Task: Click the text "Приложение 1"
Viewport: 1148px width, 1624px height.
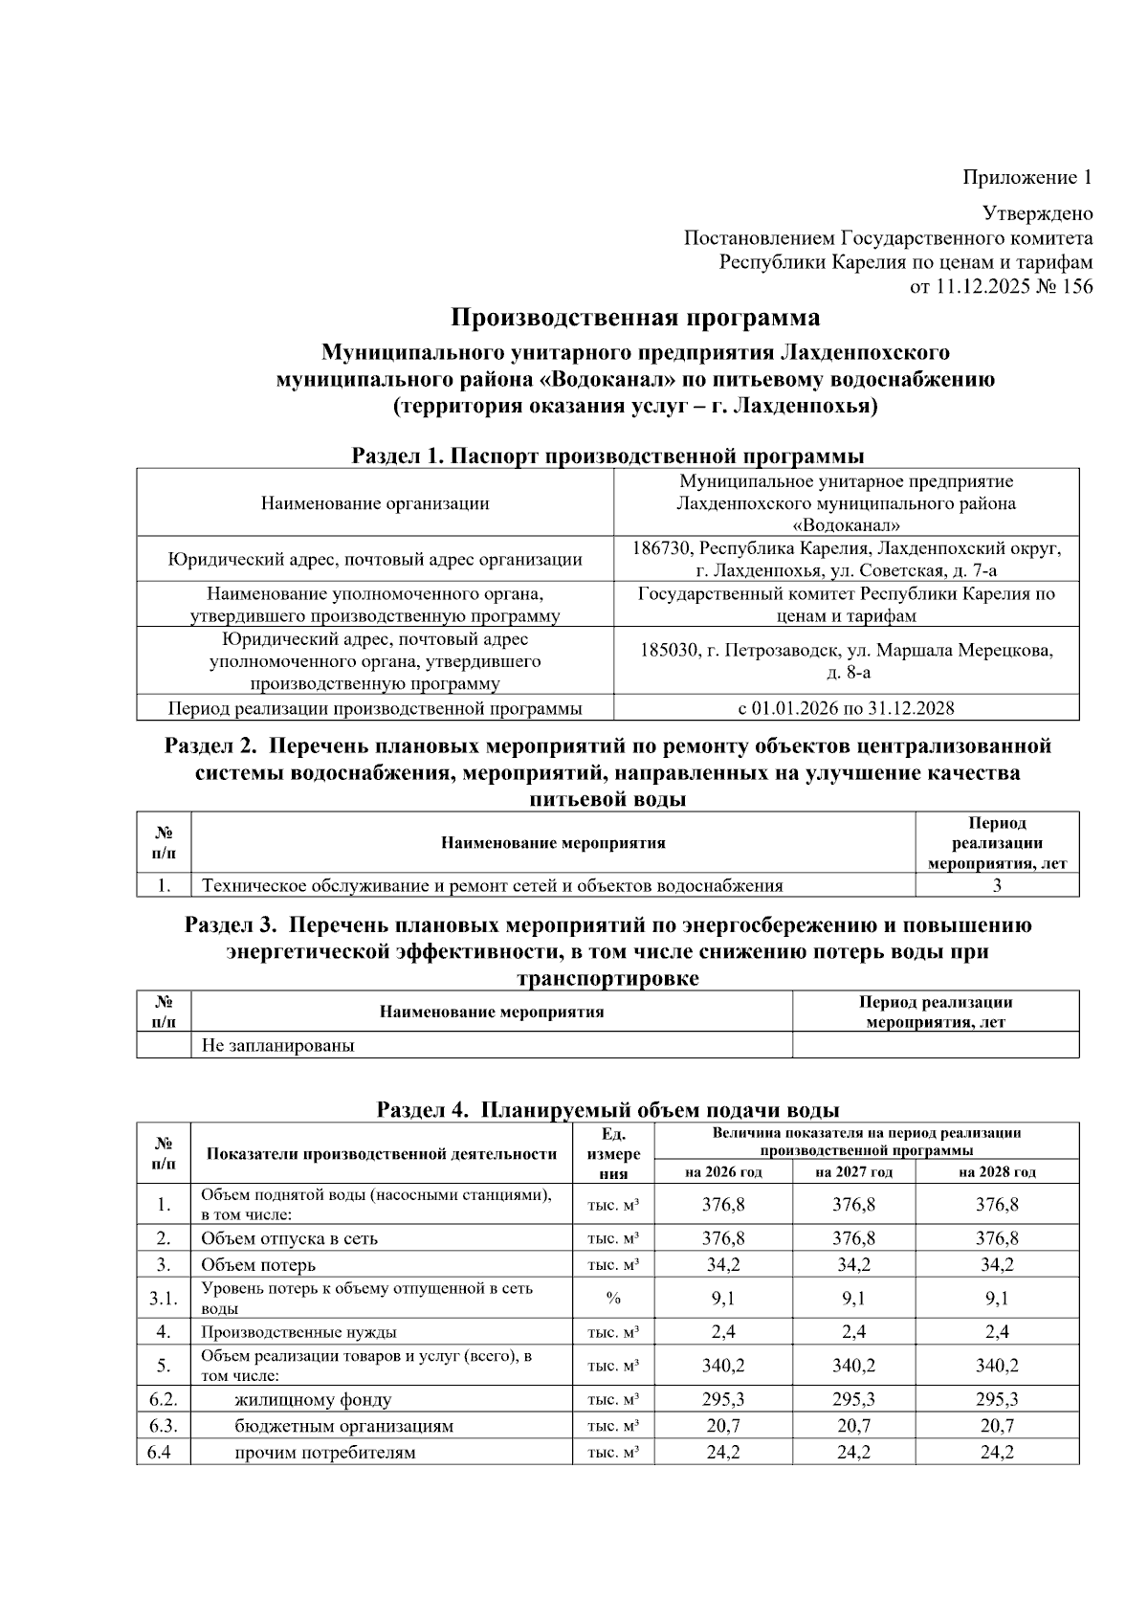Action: coord(1027,178)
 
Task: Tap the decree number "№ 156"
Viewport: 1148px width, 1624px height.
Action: coord(1064,287)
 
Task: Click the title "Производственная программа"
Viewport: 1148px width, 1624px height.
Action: coord(635,318)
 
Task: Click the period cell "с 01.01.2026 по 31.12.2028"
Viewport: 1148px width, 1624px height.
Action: coord(846,708)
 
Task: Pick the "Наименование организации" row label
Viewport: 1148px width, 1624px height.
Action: coord(374,503)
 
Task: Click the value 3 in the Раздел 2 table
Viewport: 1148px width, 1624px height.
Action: coord(997,885)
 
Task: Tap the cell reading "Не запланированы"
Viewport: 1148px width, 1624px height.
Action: coord(277,1045)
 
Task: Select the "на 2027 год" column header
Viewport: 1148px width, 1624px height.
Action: coord(853,1172)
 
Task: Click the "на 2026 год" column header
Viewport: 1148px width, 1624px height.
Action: coord(723,1172)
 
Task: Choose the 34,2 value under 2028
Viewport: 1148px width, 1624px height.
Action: coord(997,1264)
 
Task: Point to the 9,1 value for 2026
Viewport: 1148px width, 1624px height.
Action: coord(723,1299)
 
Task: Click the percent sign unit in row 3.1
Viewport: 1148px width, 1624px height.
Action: coord(613,1299)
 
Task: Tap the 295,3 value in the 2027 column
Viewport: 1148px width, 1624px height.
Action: coord(853,1399)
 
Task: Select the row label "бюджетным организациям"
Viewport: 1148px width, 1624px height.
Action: coord(344,1426)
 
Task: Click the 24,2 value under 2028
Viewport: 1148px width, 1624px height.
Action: coord(997,1453)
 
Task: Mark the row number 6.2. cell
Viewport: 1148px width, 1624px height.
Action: coord(164,1399)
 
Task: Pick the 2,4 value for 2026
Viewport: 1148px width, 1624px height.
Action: coord(723,1331)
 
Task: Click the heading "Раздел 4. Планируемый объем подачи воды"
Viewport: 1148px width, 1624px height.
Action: coord(607,1110)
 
